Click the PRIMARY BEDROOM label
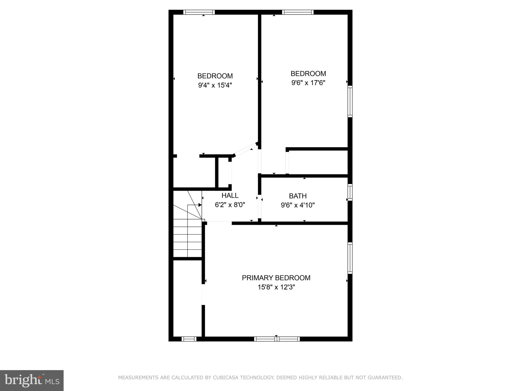coord(276,278)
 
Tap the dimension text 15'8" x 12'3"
coord(276,287)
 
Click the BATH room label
coord(298,196)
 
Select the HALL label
coord(230,195)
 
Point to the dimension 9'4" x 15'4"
coord(215,85)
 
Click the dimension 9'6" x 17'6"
coord(308,83)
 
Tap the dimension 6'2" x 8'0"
coord(230,205)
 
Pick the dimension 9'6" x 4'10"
coord(298,205)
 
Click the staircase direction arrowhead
coord(200,205)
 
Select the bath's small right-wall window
coord(350,192)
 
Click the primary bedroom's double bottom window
coord(277,339)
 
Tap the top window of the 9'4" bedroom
coord(199,12)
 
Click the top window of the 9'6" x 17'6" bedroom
coord(298,12)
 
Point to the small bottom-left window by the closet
coord(189,339)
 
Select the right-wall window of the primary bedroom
coord(350,258)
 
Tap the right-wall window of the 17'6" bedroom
coord(350,101)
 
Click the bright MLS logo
coord(32,380)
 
